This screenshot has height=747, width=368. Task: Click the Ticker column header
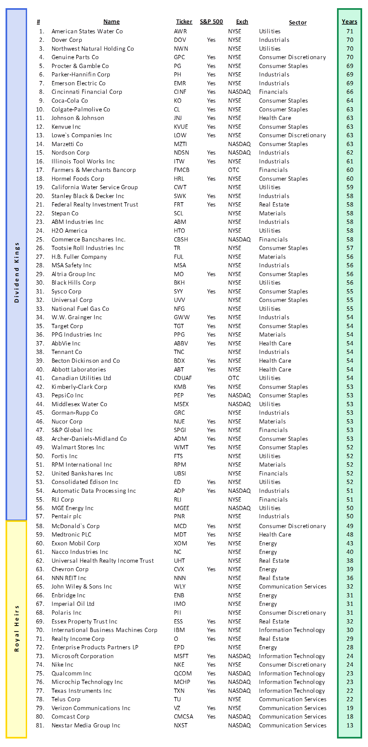click(184, 22)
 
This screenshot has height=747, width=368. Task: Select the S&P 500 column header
click(211, 22)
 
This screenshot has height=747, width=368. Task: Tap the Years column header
click(349, 22)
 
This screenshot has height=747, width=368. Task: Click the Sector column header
click(298, 23)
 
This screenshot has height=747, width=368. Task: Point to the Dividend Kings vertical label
click(17, 272)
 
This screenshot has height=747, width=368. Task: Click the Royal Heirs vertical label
click(17, 628)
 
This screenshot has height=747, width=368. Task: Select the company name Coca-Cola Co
click(69, 101)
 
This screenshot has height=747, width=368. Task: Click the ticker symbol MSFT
click(181, 656)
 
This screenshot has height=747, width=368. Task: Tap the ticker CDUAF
click(183, 378)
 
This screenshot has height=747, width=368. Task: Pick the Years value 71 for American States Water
click(350, 31)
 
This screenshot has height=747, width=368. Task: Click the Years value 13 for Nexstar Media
click(350, 725)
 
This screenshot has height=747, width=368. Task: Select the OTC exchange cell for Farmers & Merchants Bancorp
click(234, 170)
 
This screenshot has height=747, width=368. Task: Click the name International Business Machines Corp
click(104, 630)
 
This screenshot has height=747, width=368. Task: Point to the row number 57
click(40, 516)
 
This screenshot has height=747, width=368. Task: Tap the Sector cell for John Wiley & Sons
click(292, 587)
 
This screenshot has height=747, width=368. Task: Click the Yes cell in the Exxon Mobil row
click(211, 543)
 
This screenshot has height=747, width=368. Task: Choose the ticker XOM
click(180, 543)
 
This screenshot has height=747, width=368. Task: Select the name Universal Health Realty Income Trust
click(102, 561)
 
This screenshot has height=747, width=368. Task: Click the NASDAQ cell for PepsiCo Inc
click(239, 395)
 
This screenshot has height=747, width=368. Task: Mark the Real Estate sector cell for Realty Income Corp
click(274, 639)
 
